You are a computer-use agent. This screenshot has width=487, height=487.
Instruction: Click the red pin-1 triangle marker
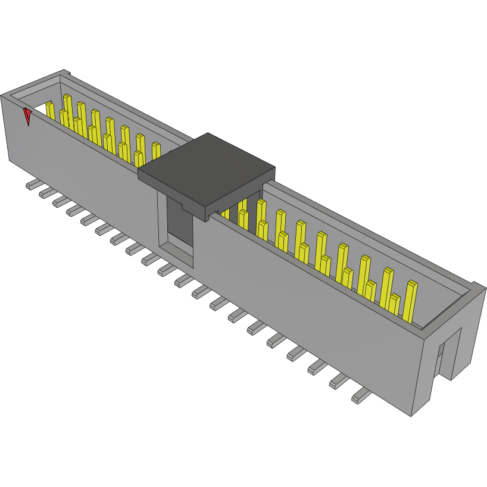coord(27,115)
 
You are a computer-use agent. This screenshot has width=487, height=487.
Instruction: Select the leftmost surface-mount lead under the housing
coord(32,185)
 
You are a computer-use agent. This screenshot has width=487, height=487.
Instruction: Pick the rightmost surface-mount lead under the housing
coord(361,395)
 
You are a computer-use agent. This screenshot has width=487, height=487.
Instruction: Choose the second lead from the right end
coord(339,380)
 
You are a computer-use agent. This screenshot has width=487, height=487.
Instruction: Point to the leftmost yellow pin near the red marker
coord(50,110)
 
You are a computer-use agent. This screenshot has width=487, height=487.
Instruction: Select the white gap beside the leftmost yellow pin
coord(38,109)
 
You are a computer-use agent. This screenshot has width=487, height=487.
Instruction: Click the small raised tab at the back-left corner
coord(66,74)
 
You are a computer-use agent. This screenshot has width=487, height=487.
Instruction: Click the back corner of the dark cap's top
coord(208,135)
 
